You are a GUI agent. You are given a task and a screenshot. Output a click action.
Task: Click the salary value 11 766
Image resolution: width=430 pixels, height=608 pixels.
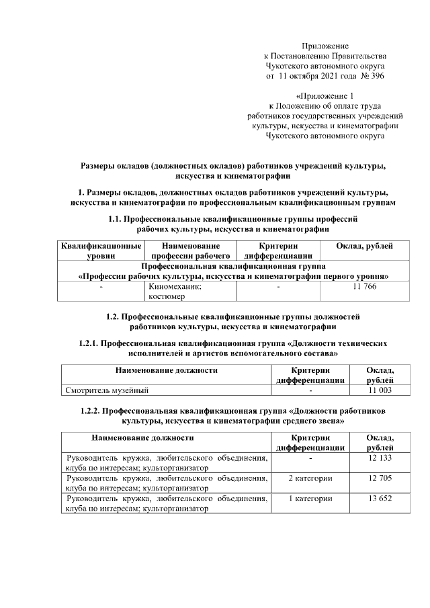364,287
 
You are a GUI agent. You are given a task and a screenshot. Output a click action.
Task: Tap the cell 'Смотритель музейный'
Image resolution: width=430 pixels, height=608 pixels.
107,390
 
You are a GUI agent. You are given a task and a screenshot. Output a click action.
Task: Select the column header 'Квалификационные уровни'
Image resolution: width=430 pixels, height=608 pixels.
101,250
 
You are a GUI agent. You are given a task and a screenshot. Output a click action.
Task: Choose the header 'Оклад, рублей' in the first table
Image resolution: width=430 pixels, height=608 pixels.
364,246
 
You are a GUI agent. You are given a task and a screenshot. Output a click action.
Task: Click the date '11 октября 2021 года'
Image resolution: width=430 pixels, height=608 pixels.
316,77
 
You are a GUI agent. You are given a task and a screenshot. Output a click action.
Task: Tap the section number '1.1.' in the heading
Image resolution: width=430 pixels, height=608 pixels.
117,219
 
